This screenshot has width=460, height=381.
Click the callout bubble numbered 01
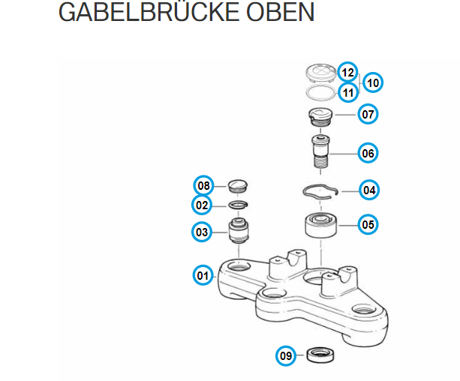tap(202, 275)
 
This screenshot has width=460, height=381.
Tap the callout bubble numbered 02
tap(202, 205)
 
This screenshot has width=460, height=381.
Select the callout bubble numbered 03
tap(202, 232)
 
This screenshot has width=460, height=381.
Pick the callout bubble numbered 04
tap(368, 190)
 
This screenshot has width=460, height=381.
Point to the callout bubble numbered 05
tap(368, 223)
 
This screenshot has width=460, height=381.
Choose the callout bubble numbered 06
tap(368, 154)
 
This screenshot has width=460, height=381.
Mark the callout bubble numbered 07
tap(368, 115)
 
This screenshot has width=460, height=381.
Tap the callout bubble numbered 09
tap(286, 355)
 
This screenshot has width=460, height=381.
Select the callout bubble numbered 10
tap(373, 82)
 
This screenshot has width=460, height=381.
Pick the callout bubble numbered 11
tap(347, 92)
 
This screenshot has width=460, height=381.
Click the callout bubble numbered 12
tap(347, 73)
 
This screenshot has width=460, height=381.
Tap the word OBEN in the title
tap(287, 13)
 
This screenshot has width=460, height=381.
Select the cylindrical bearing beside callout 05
tap(320, 223)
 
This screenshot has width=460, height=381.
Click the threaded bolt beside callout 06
tap(323, 154)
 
